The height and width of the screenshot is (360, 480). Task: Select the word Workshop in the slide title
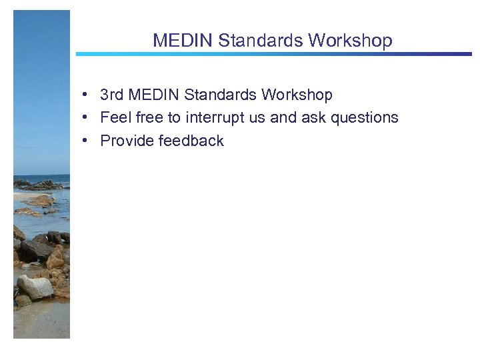click(x=350, y=41)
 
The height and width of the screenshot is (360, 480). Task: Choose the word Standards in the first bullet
click(x=221, y=95)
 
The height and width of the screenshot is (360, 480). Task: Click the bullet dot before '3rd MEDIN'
click(x=87, y=95)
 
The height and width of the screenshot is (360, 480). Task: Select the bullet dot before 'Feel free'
click(x=87, y=118)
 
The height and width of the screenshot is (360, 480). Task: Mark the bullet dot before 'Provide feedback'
click(x=87, y=141)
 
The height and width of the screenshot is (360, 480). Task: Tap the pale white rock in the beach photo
click(x=35, y=287)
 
